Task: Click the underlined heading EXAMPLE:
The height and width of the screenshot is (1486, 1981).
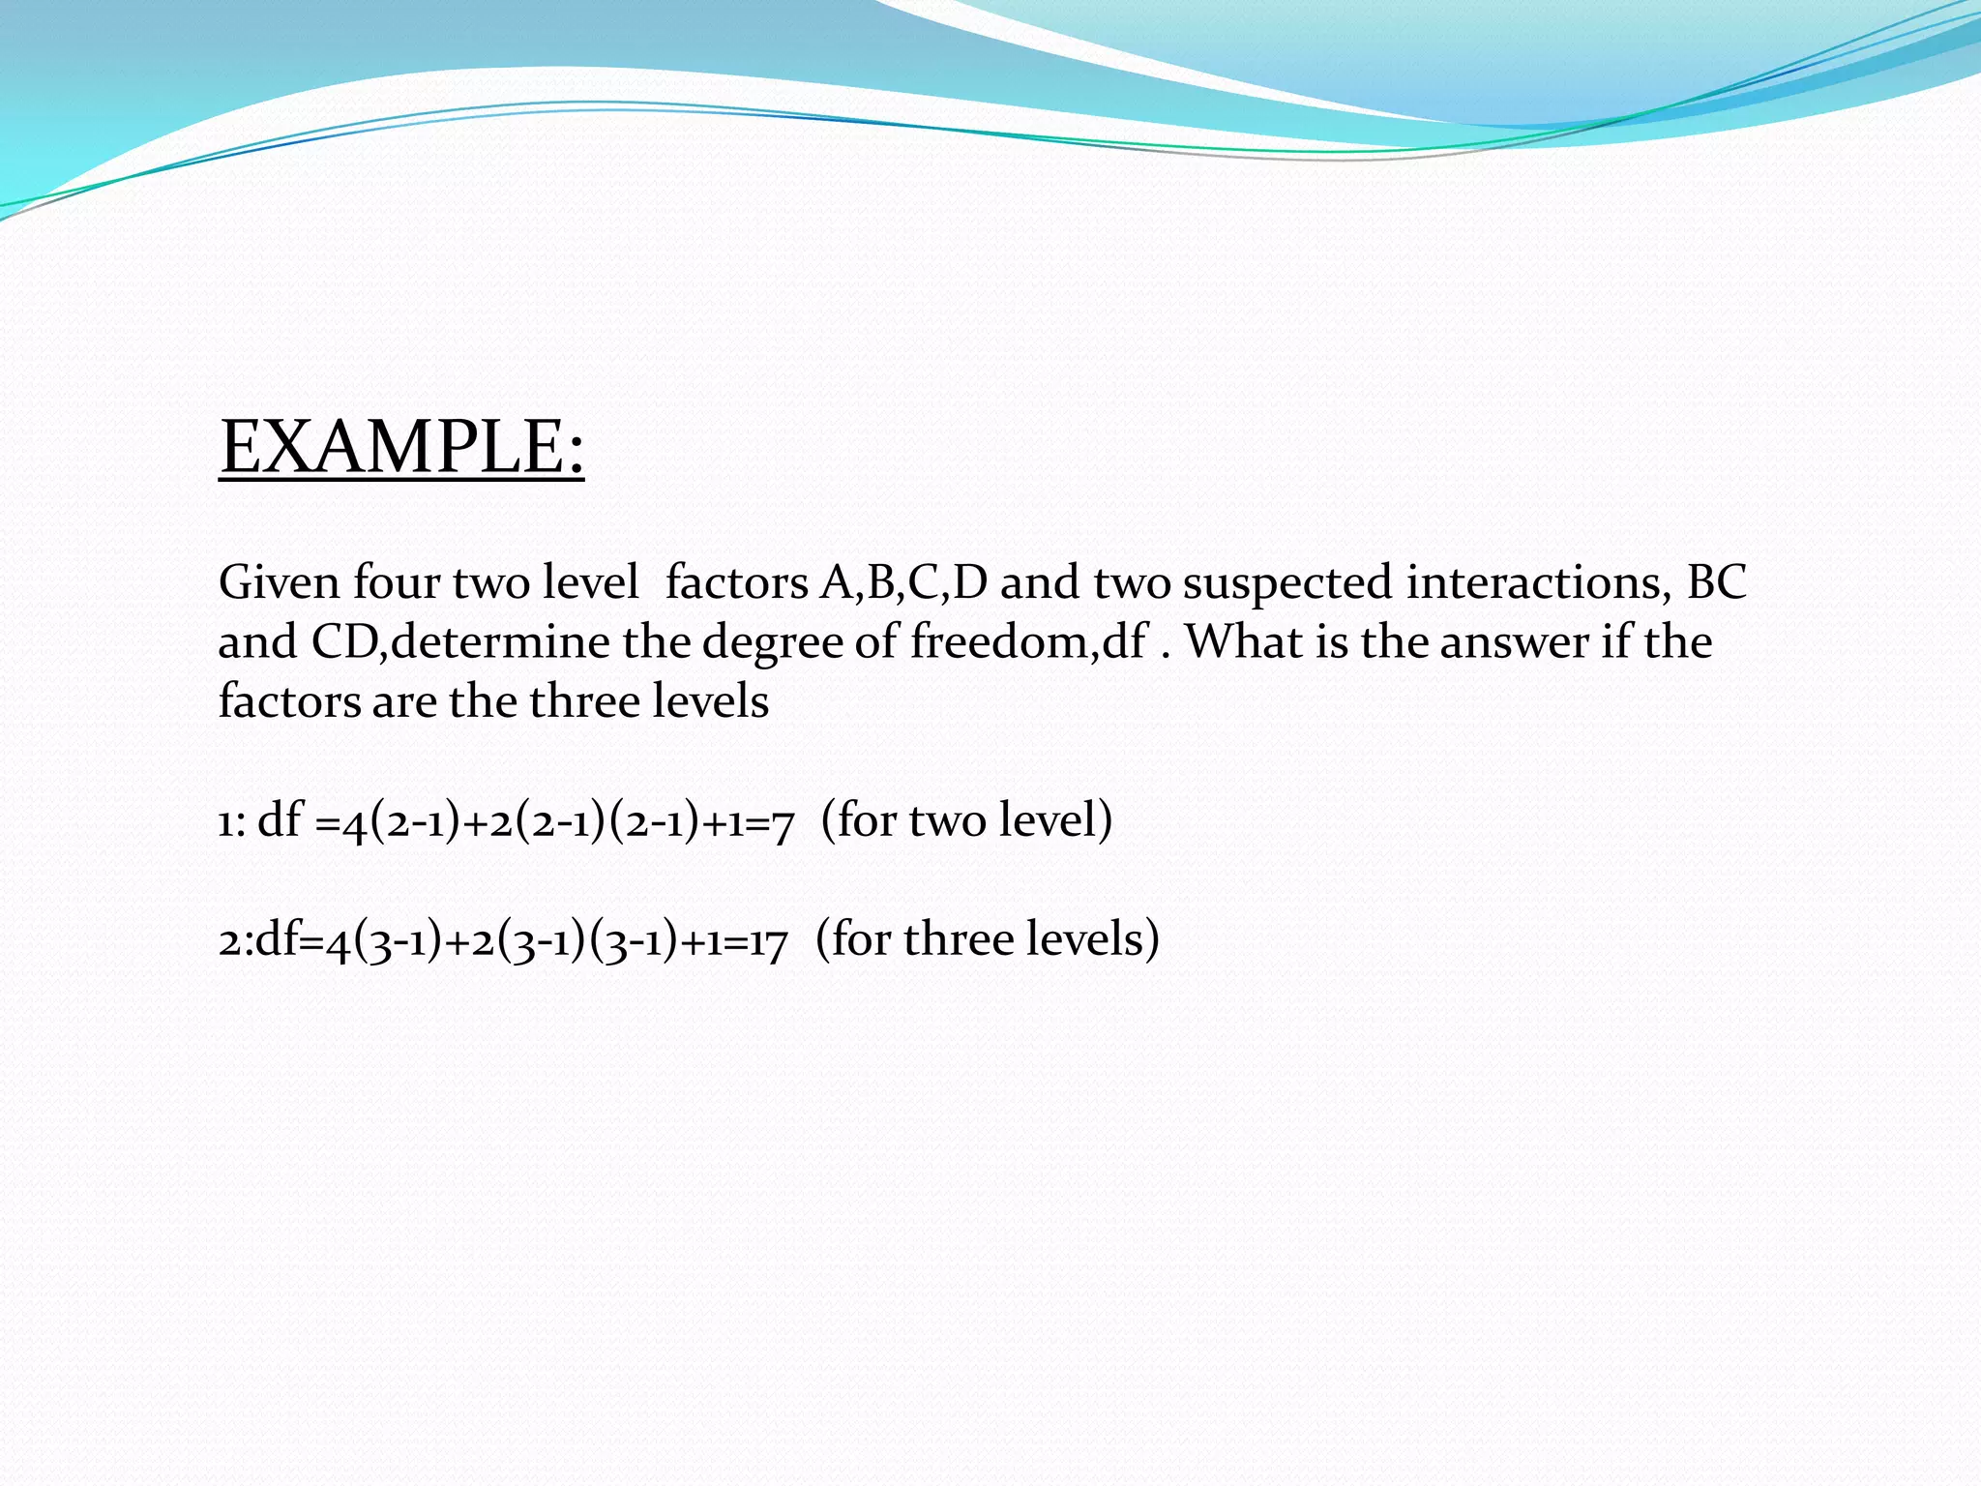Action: pos(401,447)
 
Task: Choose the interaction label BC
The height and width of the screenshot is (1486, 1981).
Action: pos(1716,583)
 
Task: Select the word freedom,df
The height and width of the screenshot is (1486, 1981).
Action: pos(1028,642)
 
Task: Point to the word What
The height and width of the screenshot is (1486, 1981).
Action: pos(1242,642)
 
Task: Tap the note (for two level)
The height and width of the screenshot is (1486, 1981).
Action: pos(966,820)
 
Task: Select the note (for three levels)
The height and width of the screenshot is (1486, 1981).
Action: pos(987,939)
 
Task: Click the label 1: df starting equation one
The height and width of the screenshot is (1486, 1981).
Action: pos(259,820)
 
